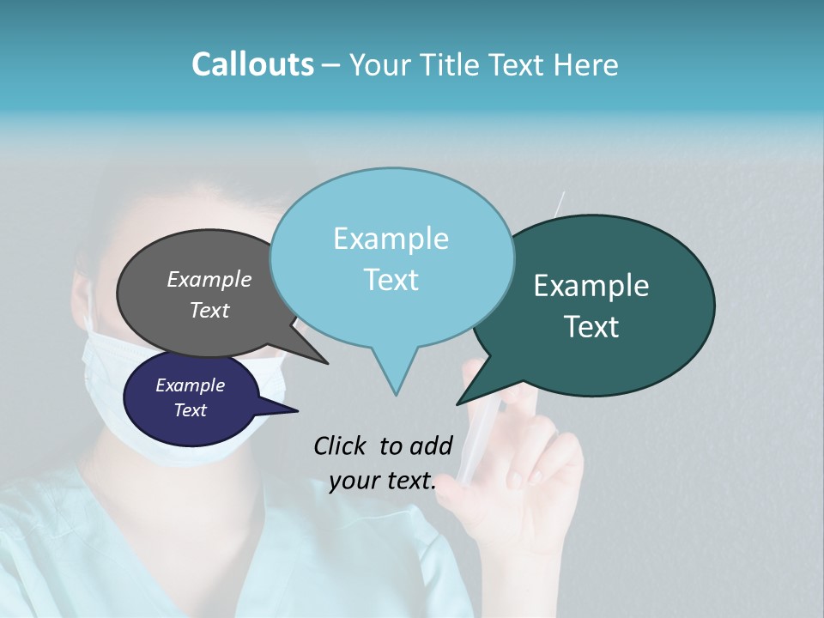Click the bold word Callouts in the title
(x=252, y=65)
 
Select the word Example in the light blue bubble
(x=391, y=239)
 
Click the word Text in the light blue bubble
(x=391, y=280)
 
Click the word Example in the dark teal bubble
(x=591, y=286)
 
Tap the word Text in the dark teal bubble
(x=592, y=327)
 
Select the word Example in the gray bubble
(x=209, y=280)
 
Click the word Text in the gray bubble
(x=209, y=311)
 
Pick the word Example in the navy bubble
(x=190, y=385)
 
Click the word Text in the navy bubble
(x=190, y=410)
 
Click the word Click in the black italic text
(x=342, y=445)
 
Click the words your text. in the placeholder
(x=383, y=482)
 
